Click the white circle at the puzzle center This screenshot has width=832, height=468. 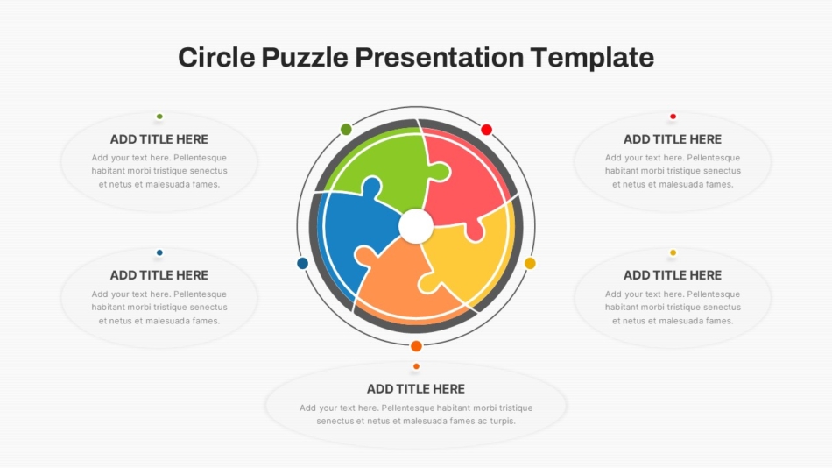click(x=416, y=226)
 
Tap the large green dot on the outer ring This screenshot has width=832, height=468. click(x=346, y=129)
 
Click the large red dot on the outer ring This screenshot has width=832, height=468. click(x=487, y=129)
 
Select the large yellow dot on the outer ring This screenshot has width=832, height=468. click(x=530, y=263)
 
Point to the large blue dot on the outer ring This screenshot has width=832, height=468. click(x=302, y=263)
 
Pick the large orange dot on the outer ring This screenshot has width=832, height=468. click(x=417, y=346)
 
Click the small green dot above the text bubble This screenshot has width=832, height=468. click(x=159, y=117)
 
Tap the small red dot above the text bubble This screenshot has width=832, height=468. click(x=673, y=117)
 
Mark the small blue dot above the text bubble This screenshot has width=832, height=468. click(x=159, y=253)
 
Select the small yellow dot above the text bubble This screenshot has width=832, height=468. click(x=673, y=253)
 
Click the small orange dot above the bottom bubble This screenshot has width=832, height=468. click(x=417, y=366)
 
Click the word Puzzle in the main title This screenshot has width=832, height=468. click(x=305, y=57)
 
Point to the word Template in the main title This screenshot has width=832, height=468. click(x=592, y=57)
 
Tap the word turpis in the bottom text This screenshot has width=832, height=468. click(x=502, y=422)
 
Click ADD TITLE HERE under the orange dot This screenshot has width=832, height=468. click(x=416, y=389)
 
